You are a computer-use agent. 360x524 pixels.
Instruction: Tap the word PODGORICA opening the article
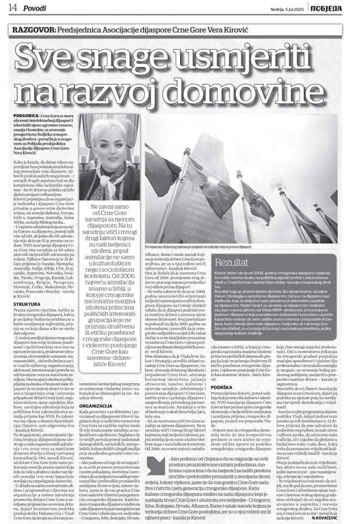tap(24, 115)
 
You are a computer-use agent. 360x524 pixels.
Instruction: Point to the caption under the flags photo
tap(198, 247)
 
